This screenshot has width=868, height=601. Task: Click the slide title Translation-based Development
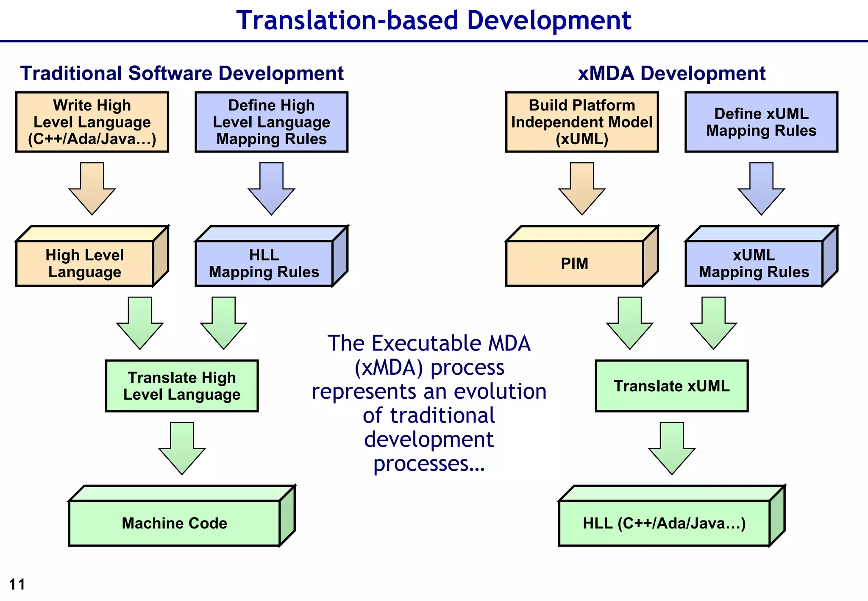tap(434, 20)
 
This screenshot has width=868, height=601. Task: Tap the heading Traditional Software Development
tap(182, 73)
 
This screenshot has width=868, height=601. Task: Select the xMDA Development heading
tap(671, 73)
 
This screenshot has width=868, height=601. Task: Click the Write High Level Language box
tap(92, 122)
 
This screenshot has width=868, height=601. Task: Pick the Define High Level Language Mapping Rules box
tap(271, 122)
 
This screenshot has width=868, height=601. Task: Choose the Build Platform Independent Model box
tap(581, 122)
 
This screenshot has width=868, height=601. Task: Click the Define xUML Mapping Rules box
tap(761, 122)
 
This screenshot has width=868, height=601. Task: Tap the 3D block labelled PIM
tap(575, 263)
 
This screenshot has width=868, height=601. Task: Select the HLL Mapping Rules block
tap(264, 263)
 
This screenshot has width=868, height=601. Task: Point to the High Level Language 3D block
tap(85, 263)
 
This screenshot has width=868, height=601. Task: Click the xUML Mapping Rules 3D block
tap(754, 263)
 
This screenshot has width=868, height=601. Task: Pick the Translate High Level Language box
tap(182, 386)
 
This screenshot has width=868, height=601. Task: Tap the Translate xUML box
tap(671, 386)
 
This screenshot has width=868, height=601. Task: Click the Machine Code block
tap(175, 523)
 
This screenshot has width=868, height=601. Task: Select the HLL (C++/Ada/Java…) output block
tap(664, 523)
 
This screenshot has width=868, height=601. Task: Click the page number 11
tap(17, 584)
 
